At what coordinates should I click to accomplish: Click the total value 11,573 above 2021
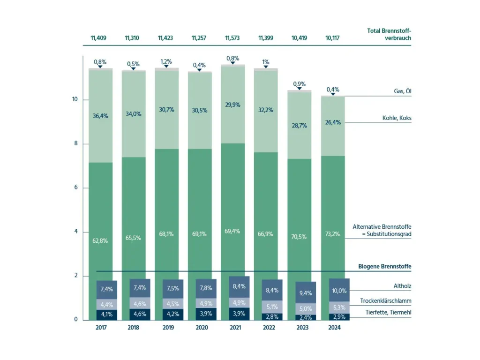pos(232,38)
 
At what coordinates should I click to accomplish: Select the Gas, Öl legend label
pos(400,91)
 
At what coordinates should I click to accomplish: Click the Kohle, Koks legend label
pos(397,118)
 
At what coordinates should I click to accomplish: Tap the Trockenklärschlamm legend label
pos(386,300)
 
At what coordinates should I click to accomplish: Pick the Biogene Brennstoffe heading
pos(385,267)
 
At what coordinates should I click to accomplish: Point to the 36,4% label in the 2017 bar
pos(100,116)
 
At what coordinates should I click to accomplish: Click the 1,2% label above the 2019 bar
pos(166,61)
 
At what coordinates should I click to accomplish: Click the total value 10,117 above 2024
pos(332,38)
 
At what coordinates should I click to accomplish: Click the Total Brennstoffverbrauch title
pos(389,34)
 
